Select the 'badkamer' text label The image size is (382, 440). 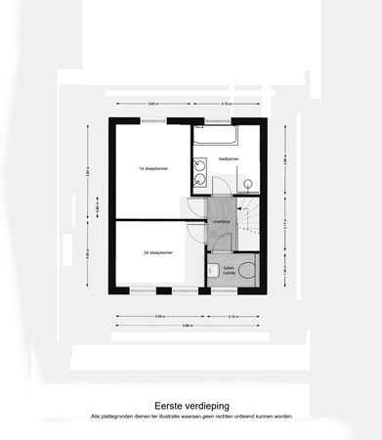[x=229, y=158]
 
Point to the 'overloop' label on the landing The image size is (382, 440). [x=222, y=222]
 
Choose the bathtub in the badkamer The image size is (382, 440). [x=227, y=136]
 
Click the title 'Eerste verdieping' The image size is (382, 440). [x=191, y=402]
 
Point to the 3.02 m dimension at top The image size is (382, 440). [x=152, y=103]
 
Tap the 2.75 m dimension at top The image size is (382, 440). [x=226, y=103]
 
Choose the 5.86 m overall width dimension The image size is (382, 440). [x=187, y=325]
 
